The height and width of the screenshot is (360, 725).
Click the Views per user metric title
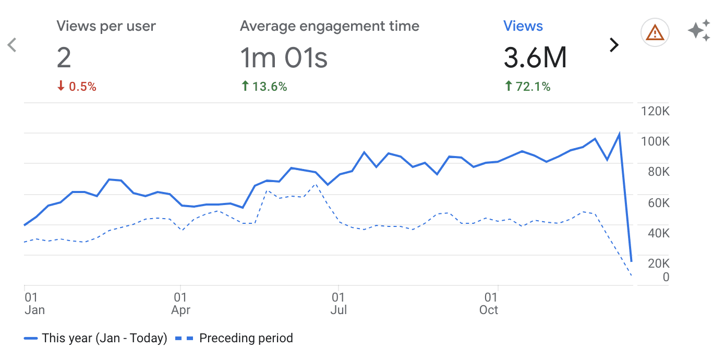[x=106, y=26]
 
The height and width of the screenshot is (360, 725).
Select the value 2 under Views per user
[x=64, y=57]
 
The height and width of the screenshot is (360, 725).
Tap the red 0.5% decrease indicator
[x=77, y=87]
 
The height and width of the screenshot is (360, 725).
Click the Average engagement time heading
[x=329, y=26]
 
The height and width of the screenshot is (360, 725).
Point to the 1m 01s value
[x=284, y=57]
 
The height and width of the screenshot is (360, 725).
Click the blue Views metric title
[x=523, y=26]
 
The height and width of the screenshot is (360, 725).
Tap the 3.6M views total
[x=535, y=57]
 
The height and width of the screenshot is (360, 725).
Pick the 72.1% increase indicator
[x=527, y=87]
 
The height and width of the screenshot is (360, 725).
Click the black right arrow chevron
[x=614, y=45]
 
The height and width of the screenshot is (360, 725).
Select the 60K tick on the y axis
[x=658, y=203]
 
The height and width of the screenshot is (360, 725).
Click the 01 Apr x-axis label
[x=180, y=304]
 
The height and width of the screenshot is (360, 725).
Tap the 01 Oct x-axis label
[x=489, y=304]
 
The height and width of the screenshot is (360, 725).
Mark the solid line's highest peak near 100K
[x=619, y=134]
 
